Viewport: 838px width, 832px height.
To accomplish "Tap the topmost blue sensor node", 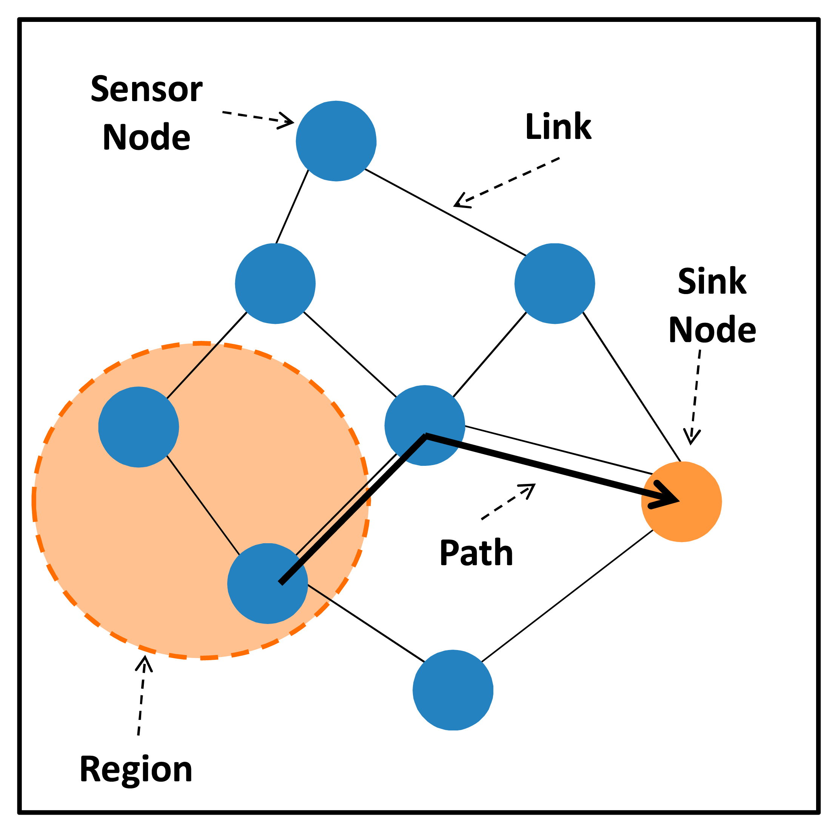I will pyautogui.click(x=336, y=141).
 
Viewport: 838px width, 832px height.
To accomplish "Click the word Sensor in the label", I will pyautogui.click(x=146, y=89).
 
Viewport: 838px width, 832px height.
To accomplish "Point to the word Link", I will pyautogui.click(x=558, y=127).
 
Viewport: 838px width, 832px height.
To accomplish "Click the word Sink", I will pyautogui.click(x=712, y=281).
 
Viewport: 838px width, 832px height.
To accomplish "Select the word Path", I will pyautogui.click(x=476, y=553).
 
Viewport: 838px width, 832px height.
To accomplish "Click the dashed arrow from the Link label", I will pyautogui.click(x=505, y=182).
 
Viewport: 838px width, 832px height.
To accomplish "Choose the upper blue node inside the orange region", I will pyautogui.click(x=139, y=427).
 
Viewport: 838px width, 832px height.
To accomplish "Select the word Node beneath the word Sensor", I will pyautogui.click(x=146, y=137).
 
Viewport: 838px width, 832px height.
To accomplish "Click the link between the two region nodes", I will pyautogui.click(x=203, y=505).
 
